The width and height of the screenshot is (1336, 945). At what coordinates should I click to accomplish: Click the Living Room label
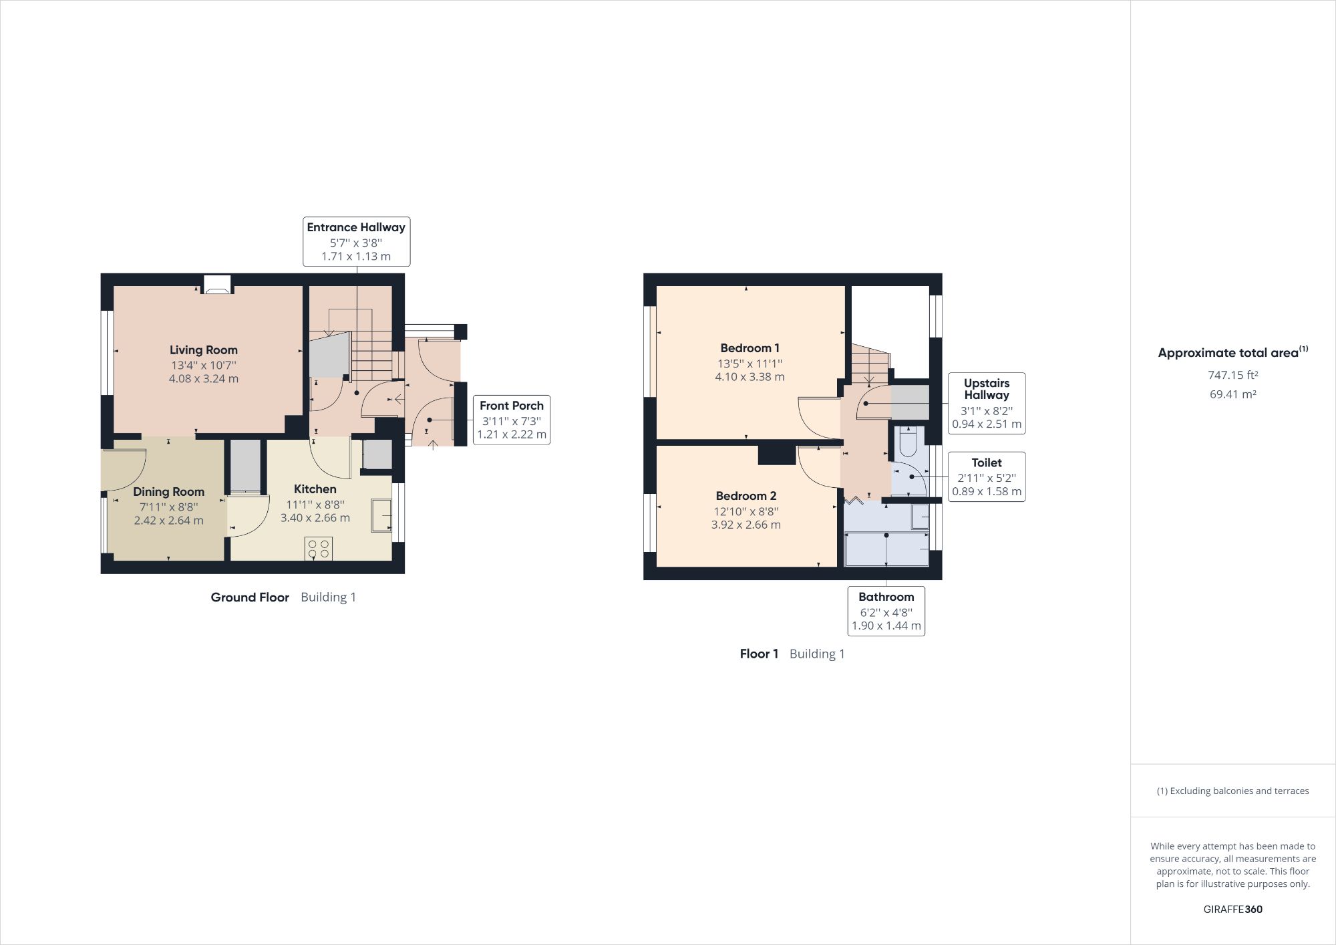click(x=203, y=350)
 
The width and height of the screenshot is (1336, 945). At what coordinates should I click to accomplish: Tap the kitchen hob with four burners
click(x=318, y=549)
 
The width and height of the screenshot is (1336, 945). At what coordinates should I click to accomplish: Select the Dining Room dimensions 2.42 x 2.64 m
click(x=168, y=521)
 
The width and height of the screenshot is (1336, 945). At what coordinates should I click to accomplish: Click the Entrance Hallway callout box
click(x=356, y=241)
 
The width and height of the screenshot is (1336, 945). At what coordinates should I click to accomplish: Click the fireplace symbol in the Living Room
click(x=217, y=285)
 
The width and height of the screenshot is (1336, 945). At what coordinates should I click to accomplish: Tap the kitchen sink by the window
click(x=381, y=515)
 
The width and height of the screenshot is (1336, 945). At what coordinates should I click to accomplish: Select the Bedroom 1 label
click(x=749, y=348)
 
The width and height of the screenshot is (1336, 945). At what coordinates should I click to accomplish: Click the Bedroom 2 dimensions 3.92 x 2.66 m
click(x=745, y=525)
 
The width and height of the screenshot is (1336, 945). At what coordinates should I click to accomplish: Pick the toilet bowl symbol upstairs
click(x=908, y=440)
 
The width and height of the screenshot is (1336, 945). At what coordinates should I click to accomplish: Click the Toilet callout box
click(x=986, y=477)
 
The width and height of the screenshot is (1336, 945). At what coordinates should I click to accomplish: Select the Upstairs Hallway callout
click(x=986, y=403)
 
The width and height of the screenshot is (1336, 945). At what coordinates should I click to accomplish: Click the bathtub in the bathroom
click(x=886, y=549)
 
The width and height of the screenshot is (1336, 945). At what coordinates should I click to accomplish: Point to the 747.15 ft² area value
click(x=1232, y=375)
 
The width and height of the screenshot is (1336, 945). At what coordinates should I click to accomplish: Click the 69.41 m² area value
click(x=1232, y=394)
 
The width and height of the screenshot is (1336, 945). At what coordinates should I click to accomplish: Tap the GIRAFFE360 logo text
click(x=1232, y=909)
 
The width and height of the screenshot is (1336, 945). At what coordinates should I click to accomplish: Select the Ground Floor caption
click(x=250, y=597)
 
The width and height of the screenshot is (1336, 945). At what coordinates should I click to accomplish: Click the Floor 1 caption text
click(x=759, y=654)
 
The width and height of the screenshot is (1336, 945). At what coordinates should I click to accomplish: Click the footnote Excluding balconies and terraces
click(x=1232, y=791)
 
